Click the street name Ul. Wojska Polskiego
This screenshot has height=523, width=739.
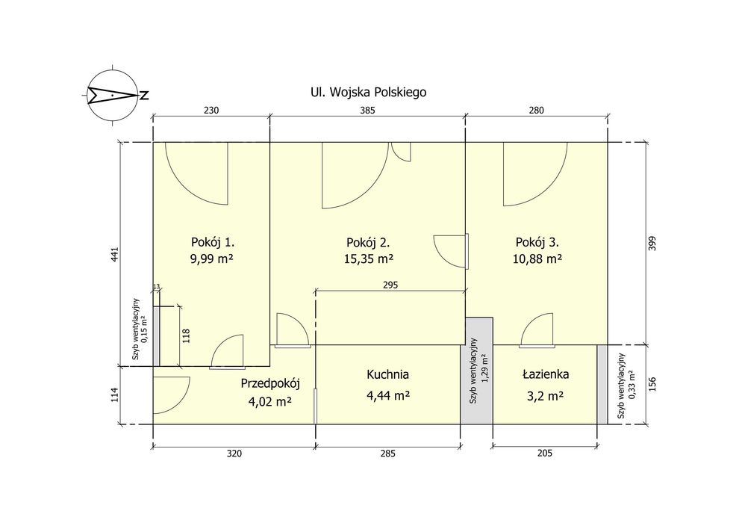[368, 92]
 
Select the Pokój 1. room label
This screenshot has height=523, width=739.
[213, 242]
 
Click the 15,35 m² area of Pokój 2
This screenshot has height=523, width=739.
[369, 259]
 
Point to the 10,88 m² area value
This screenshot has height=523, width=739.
[537, 259]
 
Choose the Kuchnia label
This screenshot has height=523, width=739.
[388, 374]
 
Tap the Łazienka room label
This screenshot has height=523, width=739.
[546, 374]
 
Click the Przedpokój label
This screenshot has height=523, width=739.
[270, 383]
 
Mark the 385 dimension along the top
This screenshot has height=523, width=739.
[367, 111]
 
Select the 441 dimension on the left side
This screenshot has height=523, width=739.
[116, 255]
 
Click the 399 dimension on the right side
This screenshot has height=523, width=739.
[652, 243]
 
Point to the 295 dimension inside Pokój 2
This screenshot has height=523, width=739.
[390, 285]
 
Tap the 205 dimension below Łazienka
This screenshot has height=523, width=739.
[544, 454]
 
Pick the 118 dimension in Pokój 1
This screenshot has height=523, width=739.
[186, 335]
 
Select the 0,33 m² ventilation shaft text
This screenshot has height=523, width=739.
[632, 386]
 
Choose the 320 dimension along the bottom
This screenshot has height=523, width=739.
[234, 454]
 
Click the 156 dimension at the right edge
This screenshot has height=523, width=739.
[652, 384]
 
